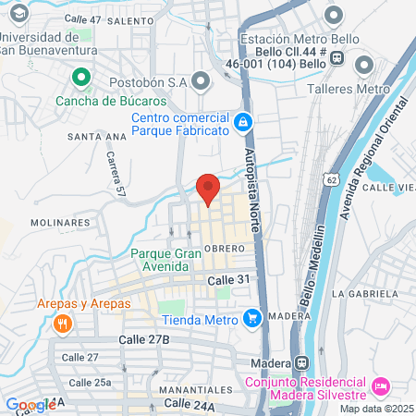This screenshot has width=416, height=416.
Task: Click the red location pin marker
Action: pyautogui.click(x=209, y=187)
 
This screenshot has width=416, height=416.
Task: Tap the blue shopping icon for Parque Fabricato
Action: pyautogui.click(x=242, y=121)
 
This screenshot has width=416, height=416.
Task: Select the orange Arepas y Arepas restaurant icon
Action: pyautogui.click(x=63, y=323)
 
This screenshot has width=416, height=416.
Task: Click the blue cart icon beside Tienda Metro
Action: pyautogui.click(x=251, y=319)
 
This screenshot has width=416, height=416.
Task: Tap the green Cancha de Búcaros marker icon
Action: pyautogui.click(x=80, y=78)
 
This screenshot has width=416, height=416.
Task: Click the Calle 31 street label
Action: pyautogui.click(x=229, y=280)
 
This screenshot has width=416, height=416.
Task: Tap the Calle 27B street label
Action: pyautogui.click(x=144, y=340)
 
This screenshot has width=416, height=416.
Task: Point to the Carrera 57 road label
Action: pyautogui.click(x=116, y=175)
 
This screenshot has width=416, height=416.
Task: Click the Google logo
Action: pyautogui.click(x=31, y=405)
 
